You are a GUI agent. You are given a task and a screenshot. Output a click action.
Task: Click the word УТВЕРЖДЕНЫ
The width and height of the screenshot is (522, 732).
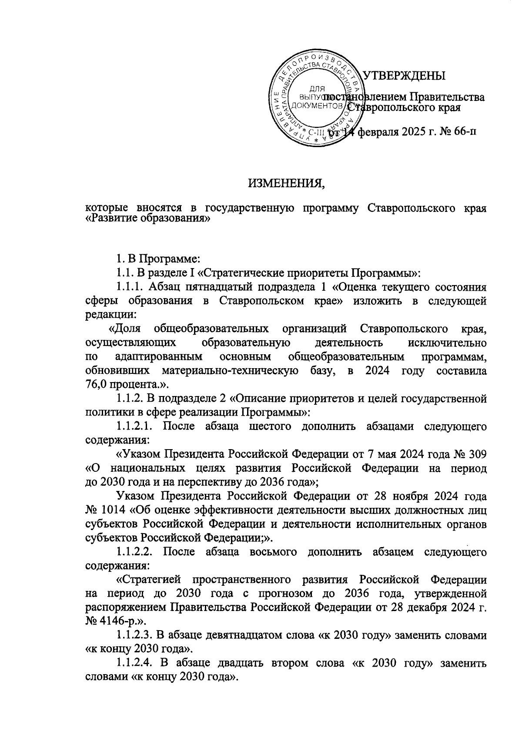(404, 76)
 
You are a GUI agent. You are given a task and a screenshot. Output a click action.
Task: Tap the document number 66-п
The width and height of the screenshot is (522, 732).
(463, 131)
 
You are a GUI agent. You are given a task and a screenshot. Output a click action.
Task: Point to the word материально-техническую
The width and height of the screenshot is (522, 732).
(230, 371)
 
